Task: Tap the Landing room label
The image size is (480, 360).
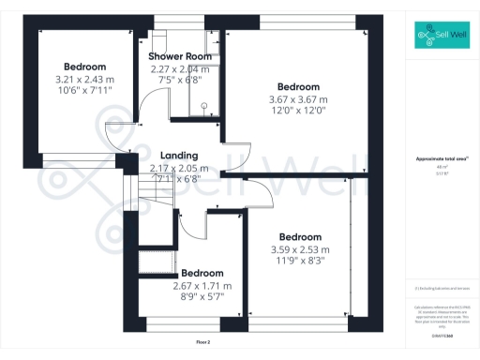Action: tap(178, 156)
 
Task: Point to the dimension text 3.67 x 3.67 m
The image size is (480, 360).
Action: tap(298, 99)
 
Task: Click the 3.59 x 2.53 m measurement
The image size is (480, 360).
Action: tap(300, 249)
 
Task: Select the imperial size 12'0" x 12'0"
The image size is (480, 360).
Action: tap(298, 111)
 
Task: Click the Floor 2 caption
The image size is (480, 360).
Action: tap(203, 343)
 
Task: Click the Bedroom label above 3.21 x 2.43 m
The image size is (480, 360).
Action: tap(84, 67)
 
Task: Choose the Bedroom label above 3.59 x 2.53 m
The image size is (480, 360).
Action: tap(300, 237)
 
